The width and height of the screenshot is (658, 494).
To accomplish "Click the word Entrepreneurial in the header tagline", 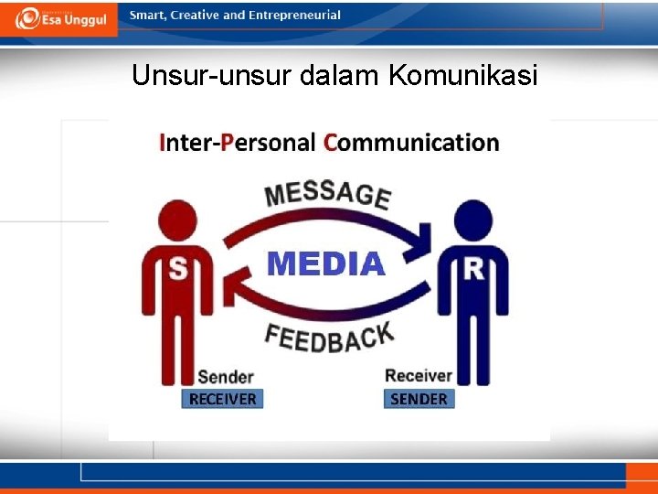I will tap(294, 15).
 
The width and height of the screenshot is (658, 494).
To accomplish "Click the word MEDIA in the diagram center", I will tap(325, 264).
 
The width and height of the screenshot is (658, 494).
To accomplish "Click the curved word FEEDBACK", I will tap(329, 338).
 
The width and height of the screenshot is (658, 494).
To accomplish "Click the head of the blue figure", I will tap(472, 220).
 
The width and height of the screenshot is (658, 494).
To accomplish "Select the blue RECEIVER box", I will tap(222, 399).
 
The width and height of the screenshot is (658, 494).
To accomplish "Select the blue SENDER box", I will tap(419, 399).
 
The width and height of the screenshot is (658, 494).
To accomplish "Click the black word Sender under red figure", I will tap(225, 376).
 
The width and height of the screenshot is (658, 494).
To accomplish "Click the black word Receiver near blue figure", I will tap(419, 375).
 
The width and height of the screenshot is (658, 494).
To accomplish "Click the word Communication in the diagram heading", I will tap(411, 143).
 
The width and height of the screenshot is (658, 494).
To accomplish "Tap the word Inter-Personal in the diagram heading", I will tap(237, 143).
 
